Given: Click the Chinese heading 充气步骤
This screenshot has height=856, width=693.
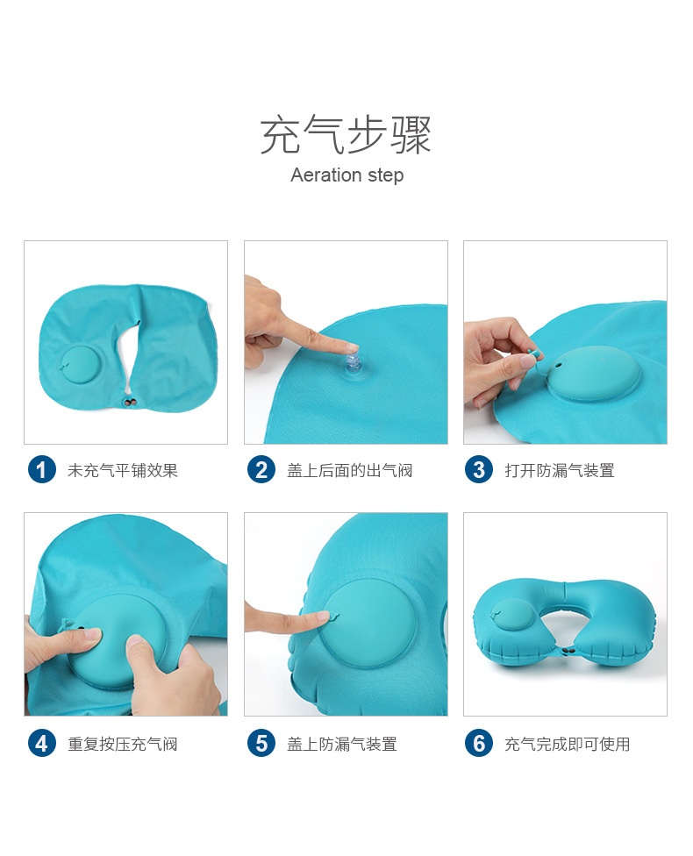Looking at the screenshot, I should pyautogui.click(x=346, y=134).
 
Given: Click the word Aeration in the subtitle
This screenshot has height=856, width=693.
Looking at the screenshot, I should pyautogui.click(x=324, y=175).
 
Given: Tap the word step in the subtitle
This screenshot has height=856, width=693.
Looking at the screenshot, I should pyautogui.click(x=383, y=176).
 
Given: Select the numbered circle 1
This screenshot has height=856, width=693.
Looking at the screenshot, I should pyautogui.click(x=41, y=470).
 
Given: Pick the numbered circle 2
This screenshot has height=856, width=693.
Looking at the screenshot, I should pyautogui.click(x=261, y=470).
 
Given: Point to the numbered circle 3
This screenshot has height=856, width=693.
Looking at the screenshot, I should pyautogui.click(x=478, y=470).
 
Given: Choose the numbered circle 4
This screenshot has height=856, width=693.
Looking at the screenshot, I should pyautogui.click(x=41, y=744).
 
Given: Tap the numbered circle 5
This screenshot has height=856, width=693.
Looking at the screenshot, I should pyautogui.click(x=261, y=744).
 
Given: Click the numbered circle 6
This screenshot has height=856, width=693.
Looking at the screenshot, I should pyautogui.click(x=478, y=744).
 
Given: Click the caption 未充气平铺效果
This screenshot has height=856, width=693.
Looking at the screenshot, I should pyautogui.click(x=123, y=471).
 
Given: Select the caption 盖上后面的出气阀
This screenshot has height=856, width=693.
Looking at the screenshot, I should pyautogui.click(x=349, y=471).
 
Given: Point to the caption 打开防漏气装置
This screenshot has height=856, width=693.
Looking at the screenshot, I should pyautogui.click(x=560, y=471).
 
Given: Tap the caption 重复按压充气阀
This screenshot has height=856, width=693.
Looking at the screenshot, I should pyautogui.click(x=123, y=745).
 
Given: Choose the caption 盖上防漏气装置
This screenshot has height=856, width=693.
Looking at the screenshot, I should pyautogui.click(x=342, y=745).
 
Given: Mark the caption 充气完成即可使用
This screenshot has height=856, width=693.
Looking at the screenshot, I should pyautogui.click(x=568, y=745).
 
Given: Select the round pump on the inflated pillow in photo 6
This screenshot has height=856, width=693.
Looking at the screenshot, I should pyautogui.click(x=514, y=617).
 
